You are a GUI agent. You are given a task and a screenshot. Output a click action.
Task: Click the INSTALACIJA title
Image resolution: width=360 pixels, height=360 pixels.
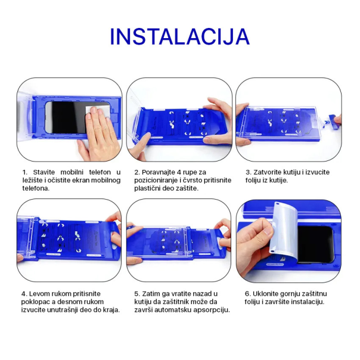point(179,36)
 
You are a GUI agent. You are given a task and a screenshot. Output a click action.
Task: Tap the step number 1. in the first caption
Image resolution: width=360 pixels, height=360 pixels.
point(24,172)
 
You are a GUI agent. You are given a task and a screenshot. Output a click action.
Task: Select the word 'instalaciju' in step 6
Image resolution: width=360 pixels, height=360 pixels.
point(304,302)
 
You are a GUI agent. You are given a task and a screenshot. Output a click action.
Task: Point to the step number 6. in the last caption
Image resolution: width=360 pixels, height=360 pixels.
point(247,294)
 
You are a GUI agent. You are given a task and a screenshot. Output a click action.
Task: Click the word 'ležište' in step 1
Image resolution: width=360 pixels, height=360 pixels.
point(35,180)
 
